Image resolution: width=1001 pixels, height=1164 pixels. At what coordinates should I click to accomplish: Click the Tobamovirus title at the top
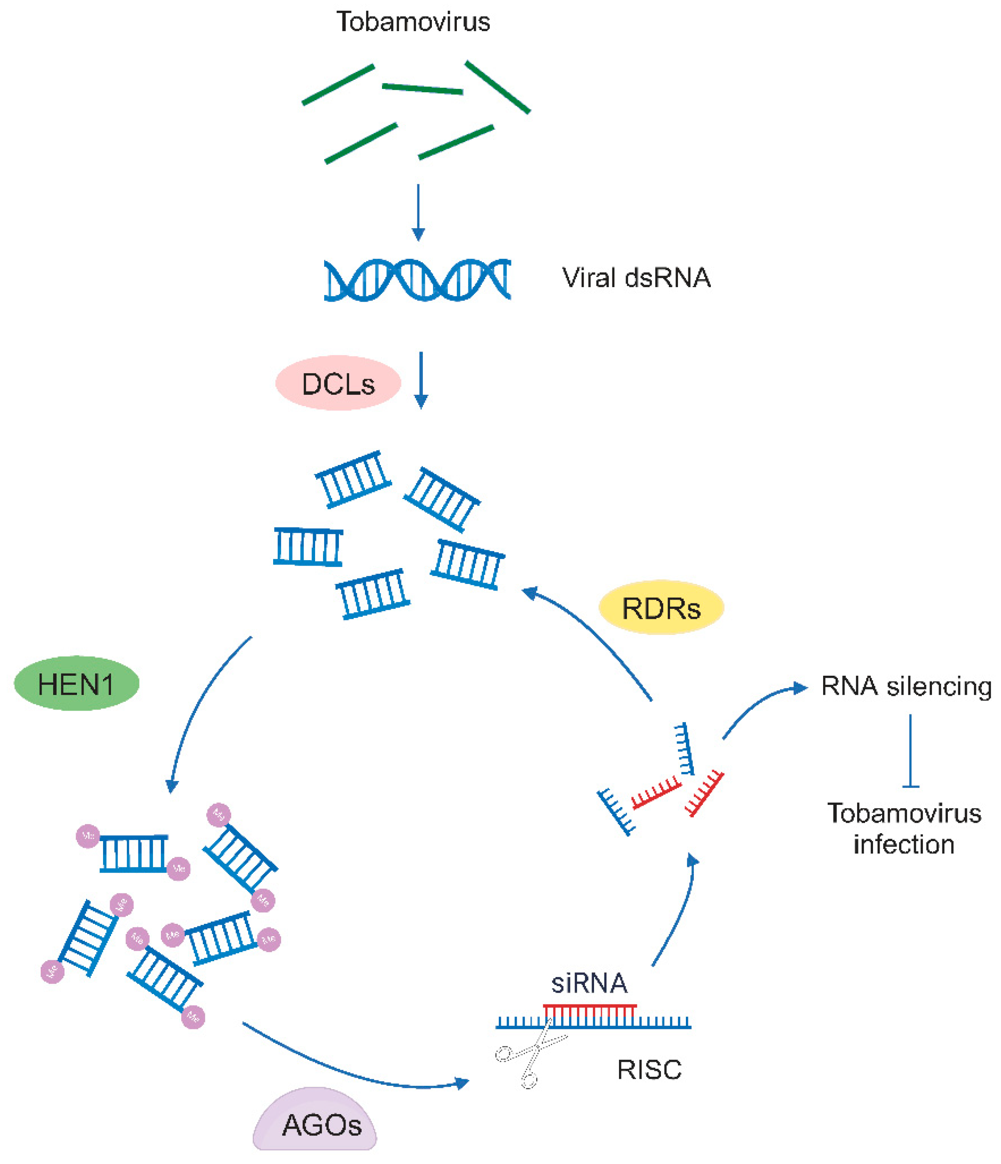point(413,22)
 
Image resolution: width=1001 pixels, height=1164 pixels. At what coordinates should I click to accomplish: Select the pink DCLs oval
point(338,383)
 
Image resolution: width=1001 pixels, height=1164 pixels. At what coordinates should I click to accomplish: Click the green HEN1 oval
point(76,684)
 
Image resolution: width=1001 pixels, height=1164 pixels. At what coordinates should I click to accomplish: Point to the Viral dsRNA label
point(636,278)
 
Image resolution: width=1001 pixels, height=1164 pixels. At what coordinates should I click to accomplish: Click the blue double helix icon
point(417,280)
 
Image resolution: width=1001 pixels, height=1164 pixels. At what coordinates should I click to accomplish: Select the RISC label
point(649,1070)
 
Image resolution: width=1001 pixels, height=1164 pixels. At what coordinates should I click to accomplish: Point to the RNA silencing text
point(906,687)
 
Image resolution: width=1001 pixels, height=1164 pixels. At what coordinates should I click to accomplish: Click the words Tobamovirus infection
point(904,829)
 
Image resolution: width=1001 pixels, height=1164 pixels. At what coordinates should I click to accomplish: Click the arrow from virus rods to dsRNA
point(418,212)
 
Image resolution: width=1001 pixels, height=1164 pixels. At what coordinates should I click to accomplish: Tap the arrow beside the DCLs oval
point(421,380)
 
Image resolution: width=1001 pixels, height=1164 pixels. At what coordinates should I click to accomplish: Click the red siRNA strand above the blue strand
point(589,1006)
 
